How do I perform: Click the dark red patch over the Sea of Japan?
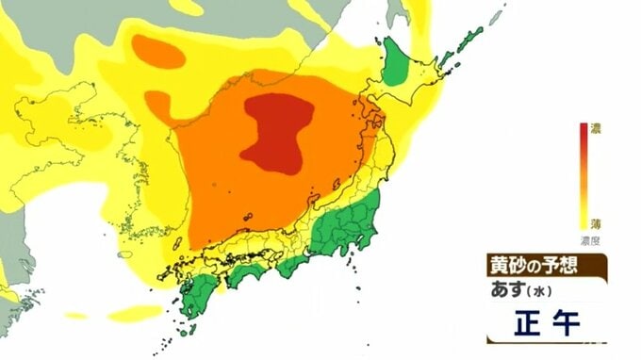click(275, 132)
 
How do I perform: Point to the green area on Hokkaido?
click(398, 67)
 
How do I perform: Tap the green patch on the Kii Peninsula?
click(293, 266)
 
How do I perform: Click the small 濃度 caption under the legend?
click(592, 241)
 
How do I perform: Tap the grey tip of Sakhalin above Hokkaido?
click(395, 11)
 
